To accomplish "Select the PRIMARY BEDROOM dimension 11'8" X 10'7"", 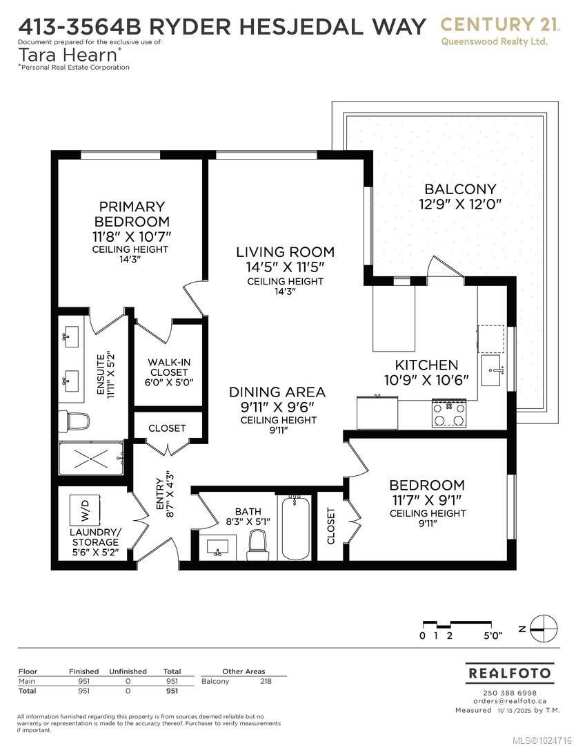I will (x=132, y=236).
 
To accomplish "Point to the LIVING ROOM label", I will (x=285, y=252).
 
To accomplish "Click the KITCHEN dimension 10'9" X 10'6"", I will (x=426, y=380).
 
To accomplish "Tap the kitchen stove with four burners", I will (x=448, y=413).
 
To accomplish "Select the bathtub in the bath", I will (x=295, y=528).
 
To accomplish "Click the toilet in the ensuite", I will (x=75, y=421).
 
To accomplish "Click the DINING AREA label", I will (x=277, y=392).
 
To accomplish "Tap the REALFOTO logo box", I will (x=510, y=673).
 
